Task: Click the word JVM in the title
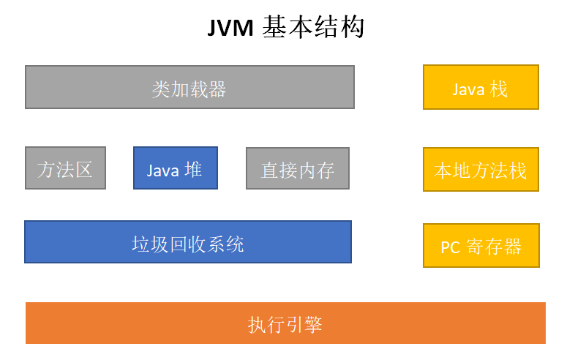coord(230,28)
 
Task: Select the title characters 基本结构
coord(314,27)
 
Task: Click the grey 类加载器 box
coord(189,87)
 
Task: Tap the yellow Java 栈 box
coord(481,87)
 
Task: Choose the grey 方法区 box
coord(65,168)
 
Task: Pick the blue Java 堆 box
coord(176,168)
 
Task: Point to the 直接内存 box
coord(298,168)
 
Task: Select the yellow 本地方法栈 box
coord(481,169)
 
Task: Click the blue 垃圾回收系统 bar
coord(188,242)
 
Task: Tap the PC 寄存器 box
coord(481,245)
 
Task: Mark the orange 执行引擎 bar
coord(285,323)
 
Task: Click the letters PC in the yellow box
coord(450,247)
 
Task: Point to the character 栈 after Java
coord(499,89)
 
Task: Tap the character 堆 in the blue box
coord(193,170)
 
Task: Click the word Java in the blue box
coord(162,170)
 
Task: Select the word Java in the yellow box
coord(468,89)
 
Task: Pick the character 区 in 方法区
coord(84,170)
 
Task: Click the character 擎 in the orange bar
coord(313,324)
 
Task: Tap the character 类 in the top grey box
coord(161,89)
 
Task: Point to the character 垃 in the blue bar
coord(140,244)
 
